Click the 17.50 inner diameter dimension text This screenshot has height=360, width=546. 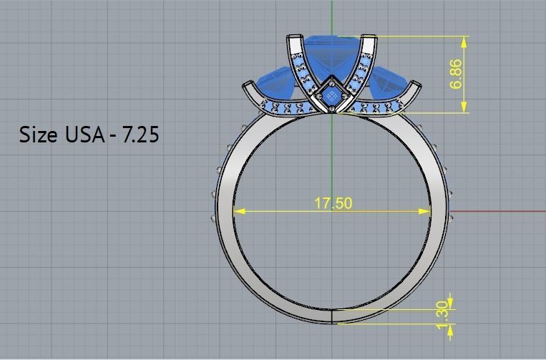coord(333,203)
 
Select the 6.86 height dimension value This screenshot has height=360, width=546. coord(457,74)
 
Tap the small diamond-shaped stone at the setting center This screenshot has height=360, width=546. coord(331,95)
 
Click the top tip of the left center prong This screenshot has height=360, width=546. coord(293,37)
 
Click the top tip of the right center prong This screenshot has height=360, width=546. coord(371,37)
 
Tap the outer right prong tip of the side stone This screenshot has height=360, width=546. coord(417,85)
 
